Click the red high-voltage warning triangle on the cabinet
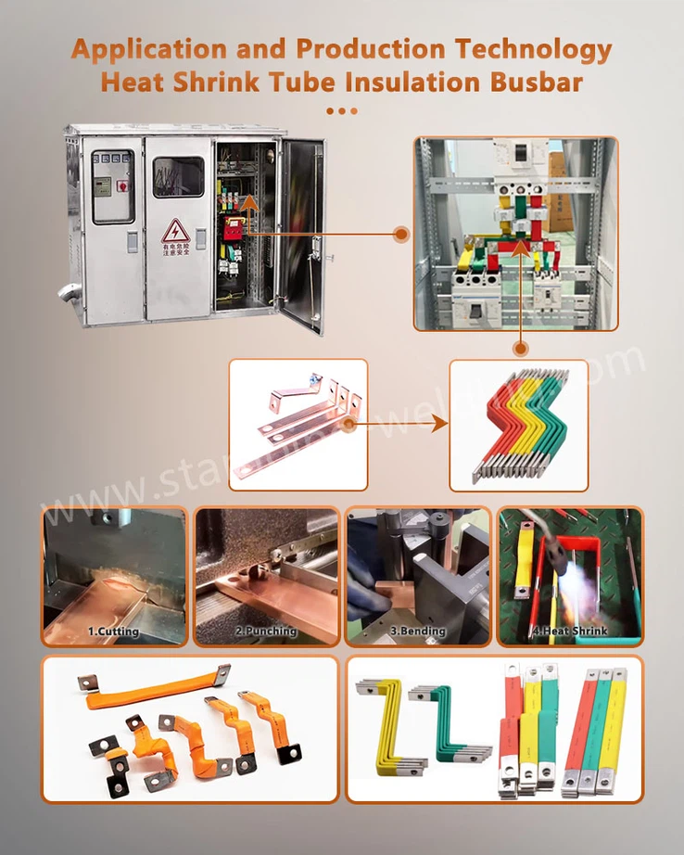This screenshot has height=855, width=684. (175, 230)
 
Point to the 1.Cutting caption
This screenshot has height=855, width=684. (113, 632)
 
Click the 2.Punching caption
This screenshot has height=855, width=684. (266, 632)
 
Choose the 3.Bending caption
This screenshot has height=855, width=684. (417, 632)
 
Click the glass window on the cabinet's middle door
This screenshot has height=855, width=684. (178, 176)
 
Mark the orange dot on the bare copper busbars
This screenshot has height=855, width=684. (349, 426)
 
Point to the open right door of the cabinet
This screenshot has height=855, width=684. (303, 232)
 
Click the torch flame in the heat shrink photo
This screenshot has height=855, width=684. (576, 580)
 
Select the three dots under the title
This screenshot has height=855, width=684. (342, 110)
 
